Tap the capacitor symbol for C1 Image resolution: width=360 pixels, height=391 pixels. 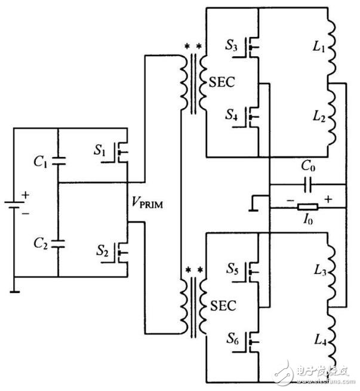[58, 161]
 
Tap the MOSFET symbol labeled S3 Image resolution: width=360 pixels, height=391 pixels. [253, 49]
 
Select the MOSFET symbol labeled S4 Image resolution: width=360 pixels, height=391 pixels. [253, 117]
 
